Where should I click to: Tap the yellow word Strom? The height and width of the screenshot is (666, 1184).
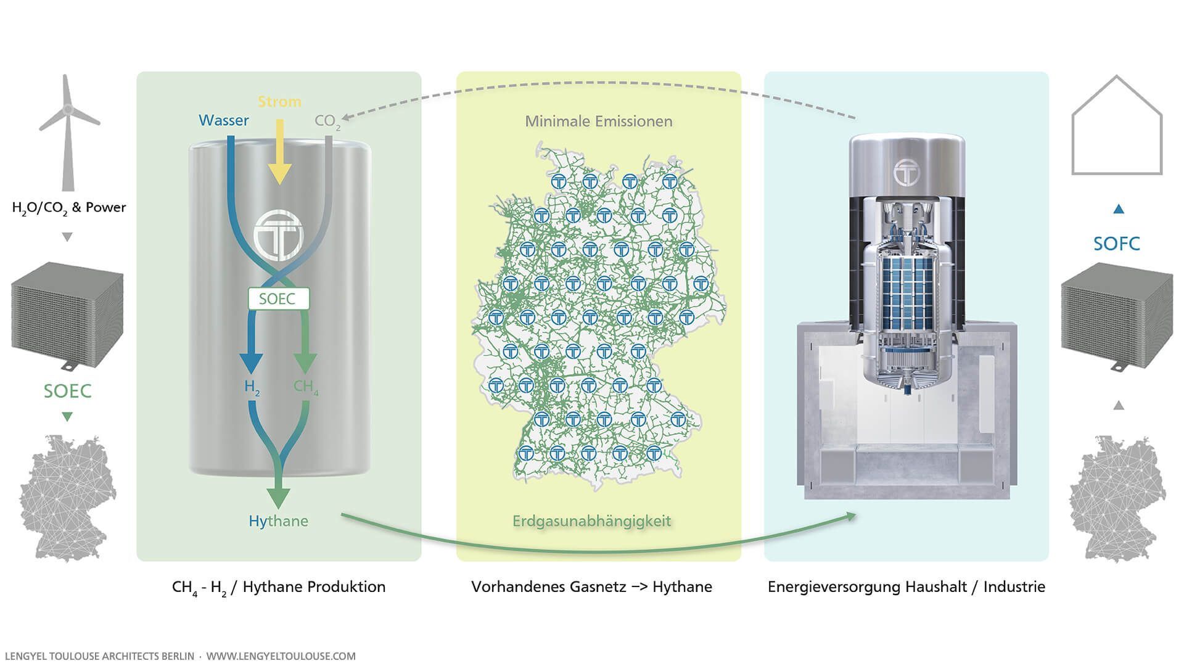[x=279, y=102]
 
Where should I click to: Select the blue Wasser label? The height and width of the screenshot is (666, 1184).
[x=224, y=120]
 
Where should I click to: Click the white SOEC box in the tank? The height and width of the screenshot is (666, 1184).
[x=277, y=299]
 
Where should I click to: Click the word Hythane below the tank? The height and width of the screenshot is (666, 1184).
[x=278, y=521]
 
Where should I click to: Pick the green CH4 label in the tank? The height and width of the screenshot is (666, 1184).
[x=306, y=387]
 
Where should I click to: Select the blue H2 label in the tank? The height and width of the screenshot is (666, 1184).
[x=252, y=387]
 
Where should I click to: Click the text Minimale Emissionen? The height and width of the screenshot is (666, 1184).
[x=598, y=121]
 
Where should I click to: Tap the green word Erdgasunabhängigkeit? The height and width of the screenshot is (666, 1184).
[x=591, y=521]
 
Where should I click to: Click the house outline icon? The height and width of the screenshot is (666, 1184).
[x=1117, y=126]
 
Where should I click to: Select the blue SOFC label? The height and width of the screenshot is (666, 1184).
[x=1116, y=244]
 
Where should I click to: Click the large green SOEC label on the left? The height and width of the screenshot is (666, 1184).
[x=67, y=391]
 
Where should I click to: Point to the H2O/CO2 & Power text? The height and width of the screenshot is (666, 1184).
[x=68, y=208]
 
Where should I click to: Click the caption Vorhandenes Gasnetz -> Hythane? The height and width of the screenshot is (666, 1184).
[x=591, y=586]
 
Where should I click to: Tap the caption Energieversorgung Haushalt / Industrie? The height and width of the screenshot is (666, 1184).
[x=906, y=586]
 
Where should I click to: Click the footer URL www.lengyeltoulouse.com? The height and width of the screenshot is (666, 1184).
[x=281, y=656]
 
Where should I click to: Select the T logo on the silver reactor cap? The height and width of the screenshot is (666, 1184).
[x=906, y=171]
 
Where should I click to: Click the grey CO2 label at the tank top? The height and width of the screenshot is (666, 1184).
[x=327, y=121]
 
